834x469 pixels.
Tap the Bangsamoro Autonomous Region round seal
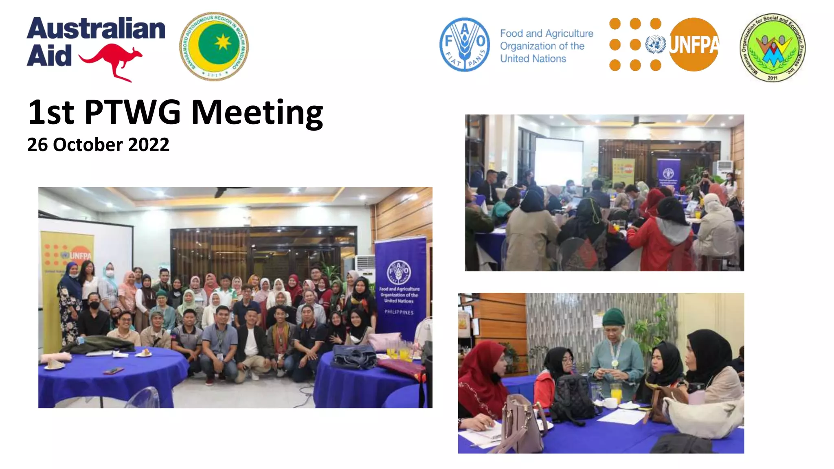pyautogui.click(x=214, y=46)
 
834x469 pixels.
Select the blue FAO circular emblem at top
pyautogui.click(x=464, y=45)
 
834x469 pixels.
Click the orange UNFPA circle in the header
pyautogui.click(x=694, y=44)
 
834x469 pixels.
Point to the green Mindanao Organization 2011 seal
pyautogui.click(x=772, y=47)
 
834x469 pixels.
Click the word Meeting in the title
pyautogui.click(x=257, y=112)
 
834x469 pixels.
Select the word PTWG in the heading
pyautogui.click(x=132, y=112)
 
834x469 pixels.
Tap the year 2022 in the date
pyautogui.click(x=148, y=145)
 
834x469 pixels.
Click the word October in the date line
pyautogui.click(x=88, y=145)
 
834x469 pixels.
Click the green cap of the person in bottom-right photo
pyautogui.click(x=613, y=316)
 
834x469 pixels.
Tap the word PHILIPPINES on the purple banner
pyautogui.click(x=399, y=312)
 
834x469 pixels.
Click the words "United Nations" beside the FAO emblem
pyautogui.click(x=533, y=59)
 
